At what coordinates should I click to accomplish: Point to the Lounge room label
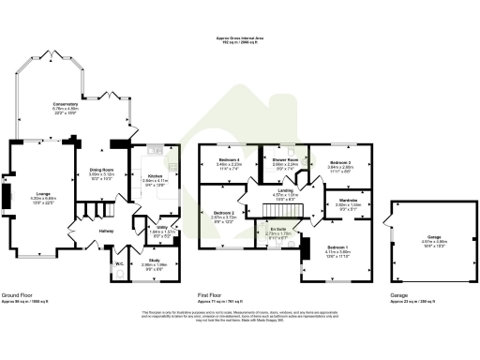[43, 194]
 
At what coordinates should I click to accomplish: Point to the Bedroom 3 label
[340, 163]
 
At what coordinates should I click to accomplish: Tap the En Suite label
[277, 228]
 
